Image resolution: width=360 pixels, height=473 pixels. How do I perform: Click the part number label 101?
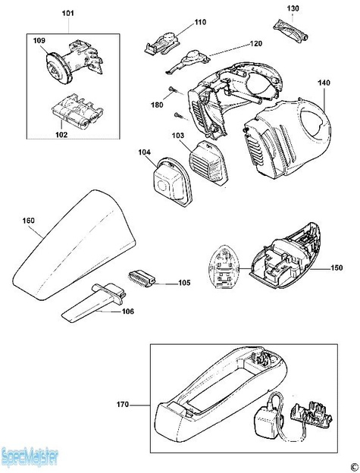[68, 14]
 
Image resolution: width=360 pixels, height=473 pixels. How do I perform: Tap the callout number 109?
[39, 41]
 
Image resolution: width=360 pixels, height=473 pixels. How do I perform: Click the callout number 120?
[256, 44]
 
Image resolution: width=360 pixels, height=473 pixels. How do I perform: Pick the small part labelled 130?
[292, 32]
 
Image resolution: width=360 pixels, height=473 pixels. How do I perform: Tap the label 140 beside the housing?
[324, 83]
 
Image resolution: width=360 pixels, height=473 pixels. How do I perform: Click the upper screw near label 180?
[173, 89]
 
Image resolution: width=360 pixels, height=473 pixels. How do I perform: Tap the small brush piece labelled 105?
[142, 278]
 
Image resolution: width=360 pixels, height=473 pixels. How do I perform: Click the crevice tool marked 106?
[94, 302]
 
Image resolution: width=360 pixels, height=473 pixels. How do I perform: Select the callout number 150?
[337, 268]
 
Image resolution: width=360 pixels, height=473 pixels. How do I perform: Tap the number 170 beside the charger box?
[123, 405]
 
